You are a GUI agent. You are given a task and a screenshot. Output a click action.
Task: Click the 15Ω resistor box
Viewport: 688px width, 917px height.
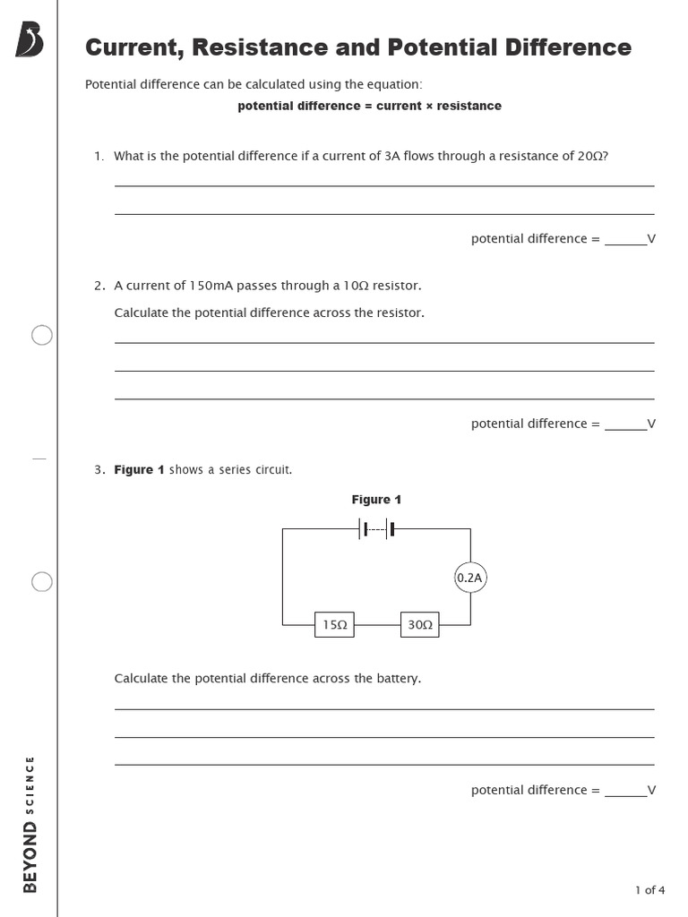coord(334,625)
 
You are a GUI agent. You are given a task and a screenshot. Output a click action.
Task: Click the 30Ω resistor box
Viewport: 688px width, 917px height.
coord(420,625)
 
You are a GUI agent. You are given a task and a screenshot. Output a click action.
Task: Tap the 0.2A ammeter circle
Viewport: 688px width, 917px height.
coord(470,578)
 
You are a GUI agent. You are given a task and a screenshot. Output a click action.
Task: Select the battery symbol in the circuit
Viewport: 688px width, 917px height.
coord(377,528)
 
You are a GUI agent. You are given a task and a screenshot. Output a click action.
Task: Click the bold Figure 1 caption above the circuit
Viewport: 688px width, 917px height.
coord(376,500)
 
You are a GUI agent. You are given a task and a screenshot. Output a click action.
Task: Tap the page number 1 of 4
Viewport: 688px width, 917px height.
coord(649,889)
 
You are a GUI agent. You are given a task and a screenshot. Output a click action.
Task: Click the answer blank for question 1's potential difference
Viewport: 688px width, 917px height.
coord(625,240)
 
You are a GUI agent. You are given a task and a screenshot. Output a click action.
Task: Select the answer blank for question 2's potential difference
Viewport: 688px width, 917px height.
coord(625,424)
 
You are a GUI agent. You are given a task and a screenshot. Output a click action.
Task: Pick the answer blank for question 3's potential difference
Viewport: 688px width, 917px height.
coord(625,791)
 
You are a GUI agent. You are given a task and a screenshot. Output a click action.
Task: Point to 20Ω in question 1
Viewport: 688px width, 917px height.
coord(590,156)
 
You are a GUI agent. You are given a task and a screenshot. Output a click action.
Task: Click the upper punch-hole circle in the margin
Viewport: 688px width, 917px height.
coord(42,335)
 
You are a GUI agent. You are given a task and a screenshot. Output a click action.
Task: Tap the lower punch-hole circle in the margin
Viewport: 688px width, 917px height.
coord(42,582)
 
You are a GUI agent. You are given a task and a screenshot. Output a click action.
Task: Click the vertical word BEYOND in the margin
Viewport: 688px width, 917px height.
coord(30,857)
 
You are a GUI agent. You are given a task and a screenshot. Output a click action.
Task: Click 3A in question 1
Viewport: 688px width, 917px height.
coord(391,156)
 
